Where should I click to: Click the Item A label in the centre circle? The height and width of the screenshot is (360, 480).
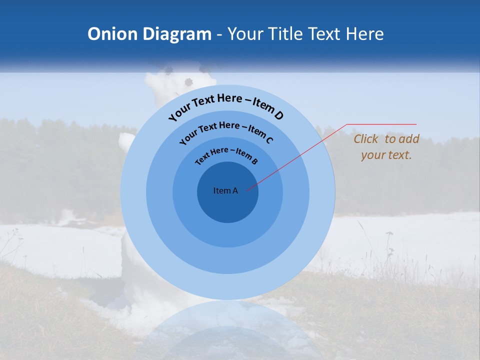tap(225, 190)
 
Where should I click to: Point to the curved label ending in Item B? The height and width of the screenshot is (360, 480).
tap(226, 154)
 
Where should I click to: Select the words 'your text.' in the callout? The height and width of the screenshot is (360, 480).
tap(386, 155)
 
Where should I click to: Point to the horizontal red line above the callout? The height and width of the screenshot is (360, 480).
tap(381, 124)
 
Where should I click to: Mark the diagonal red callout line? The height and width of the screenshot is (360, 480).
tap(297, 156)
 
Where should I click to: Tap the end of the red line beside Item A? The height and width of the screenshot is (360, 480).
tap(247, 189)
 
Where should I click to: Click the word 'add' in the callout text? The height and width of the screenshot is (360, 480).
tap(409, 139)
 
